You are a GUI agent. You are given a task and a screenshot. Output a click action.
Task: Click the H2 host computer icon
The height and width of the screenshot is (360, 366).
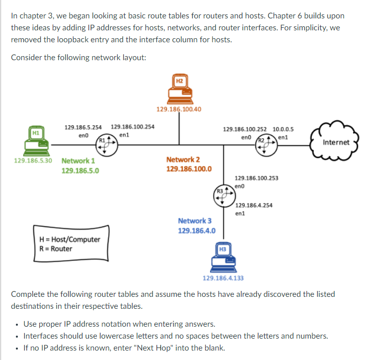179,89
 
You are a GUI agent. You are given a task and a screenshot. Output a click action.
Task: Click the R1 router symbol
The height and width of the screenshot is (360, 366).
105,142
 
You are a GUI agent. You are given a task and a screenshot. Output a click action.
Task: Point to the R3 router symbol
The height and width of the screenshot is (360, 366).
223,195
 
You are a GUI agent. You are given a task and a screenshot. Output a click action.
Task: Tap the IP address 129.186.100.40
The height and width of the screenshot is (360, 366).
179,109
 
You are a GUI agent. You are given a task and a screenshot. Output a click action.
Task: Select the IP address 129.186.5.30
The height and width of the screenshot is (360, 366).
33,161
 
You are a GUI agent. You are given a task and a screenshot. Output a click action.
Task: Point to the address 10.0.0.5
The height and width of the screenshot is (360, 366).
283,129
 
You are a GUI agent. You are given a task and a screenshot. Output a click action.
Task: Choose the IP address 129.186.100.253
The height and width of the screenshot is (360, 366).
256,178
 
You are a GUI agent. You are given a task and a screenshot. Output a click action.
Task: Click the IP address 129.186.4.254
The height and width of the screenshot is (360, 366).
254,205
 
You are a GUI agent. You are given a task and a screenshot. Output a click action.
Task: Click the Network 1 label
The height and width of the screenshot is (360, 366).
78,161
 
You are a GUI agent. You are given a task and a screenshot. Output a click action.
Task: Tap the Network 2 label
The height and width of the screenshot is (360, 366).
183,160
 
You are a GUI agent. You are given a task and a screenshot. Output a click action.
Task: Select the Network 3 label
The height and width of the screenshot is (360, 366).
195,221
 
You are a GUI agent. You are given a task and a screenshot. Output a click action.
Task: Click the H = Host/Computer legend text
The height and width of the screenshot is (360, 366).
70,239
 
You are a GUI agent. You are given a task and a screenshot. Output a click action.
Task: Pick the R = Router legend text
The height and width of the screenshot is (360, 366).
55,249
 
